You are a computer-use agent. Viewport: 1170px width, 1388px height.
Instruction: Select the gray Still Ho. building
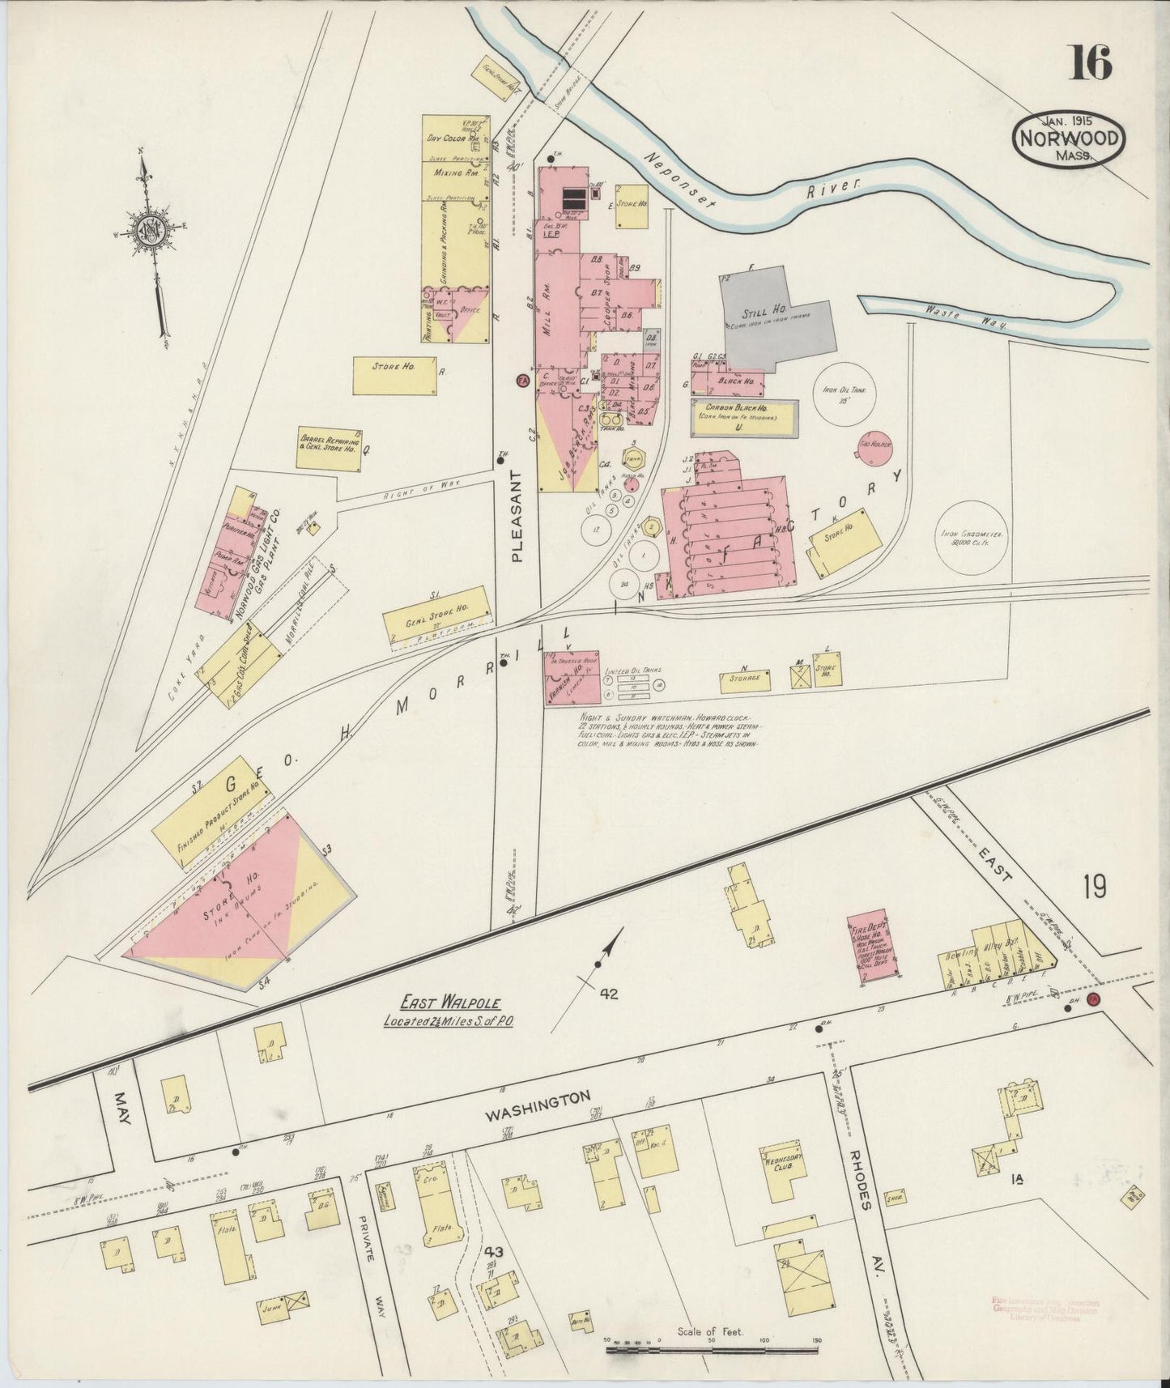[x=769, y=316]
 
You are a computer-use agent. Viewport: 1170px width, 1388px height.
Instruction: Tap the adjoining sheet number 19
[x=1092, y=888]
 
